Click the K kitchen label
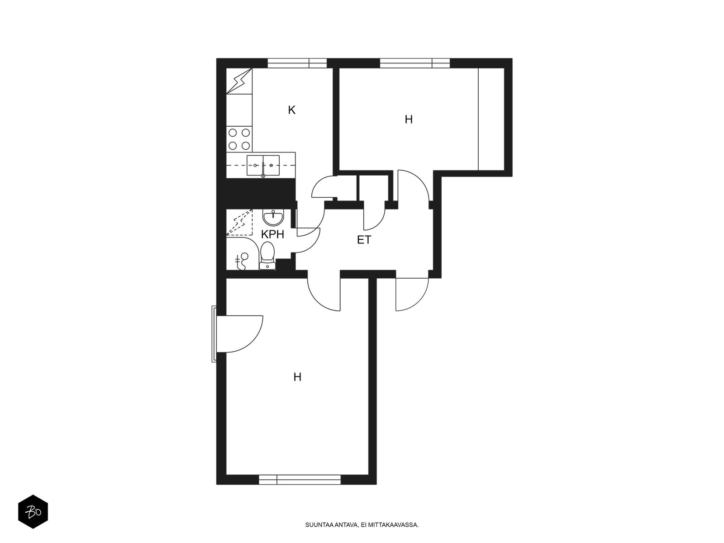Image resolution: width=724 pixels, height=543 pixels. tap(291, 110)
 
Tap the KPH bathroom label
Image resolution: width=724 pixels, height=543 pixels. tap(272, 234)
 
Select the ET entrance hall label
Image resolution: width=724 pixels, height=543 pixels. tap(364, 240)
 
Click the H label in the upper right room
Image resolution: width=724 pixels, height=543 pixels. tap(409, 119)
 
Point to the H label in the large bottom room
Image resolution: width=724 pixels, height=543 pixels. tap(297, 377)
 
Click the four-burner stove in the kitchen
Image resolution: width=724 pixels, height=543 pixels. tap(239, 139)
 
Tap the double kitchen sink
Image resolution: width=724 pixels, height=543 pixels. tap(263, 166)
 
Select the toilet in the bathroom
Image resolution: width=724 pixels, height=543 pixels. tap(267, 256)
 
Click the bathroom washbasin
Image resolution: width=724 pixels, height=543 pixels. tap(273, 218)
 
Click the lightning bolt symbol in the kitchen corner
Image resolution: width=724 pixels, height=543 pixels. tap(239, 81)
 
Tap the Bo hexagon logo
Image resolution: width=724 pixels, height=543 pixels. tap(33, 512)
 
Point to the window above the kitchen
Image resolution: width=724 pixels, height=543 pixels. tap(297, 63)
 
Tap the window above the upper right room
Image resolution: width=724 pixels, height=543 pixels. tap(414, 63)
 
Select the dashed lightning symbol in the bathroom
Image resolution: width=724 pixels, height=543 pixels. tap(239, 222)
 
